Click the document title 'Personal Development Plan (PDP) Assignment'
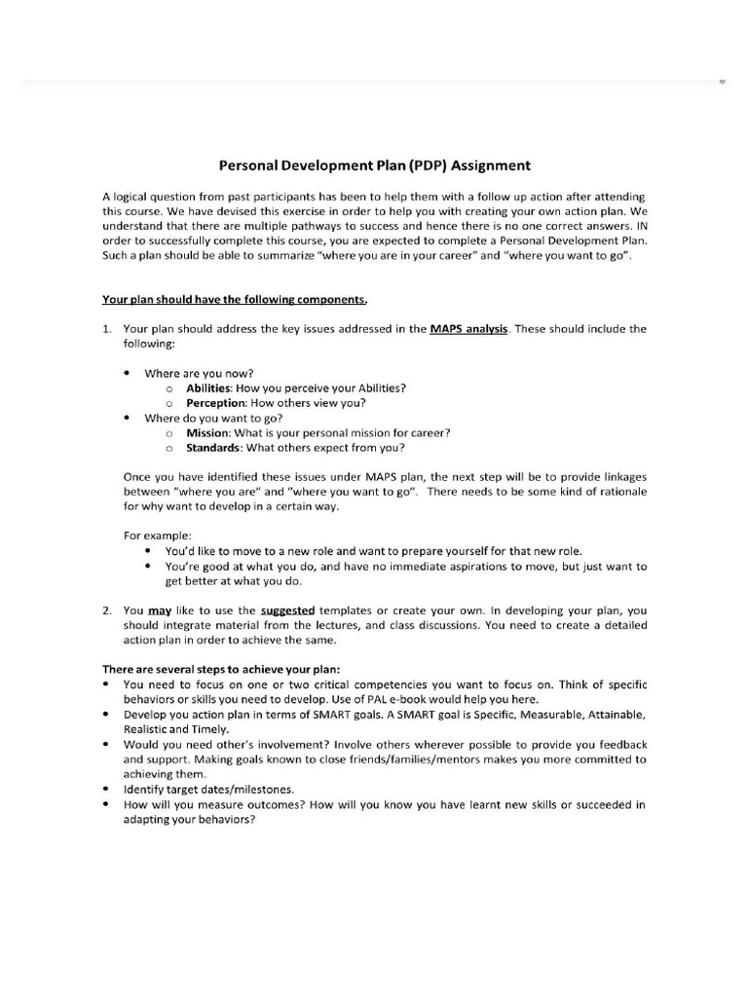373,166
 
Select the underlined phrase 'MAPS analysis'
468,329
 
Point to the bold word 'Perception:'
216,403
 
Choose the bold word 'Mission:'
208,432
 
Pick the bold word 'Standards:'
214,448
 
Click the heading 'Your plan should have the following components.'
235,300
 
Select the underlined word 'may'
160,610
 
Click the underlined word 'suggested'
288,610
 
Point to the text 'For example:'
157,535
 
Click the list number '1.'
108,329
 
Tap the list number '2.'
108,610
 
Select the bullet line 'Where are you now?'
199,373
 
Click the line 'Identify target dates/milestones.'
208,790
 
